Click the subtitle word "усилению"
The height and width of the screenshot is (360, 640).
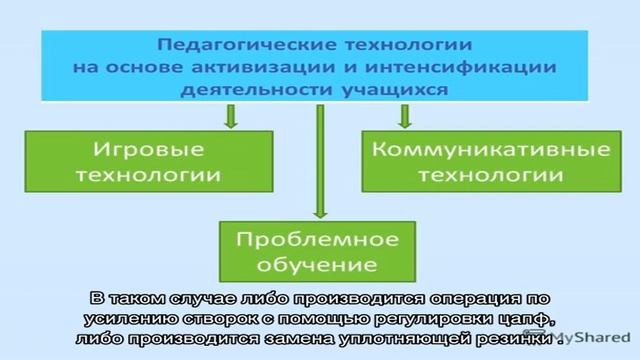[125, 320]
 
